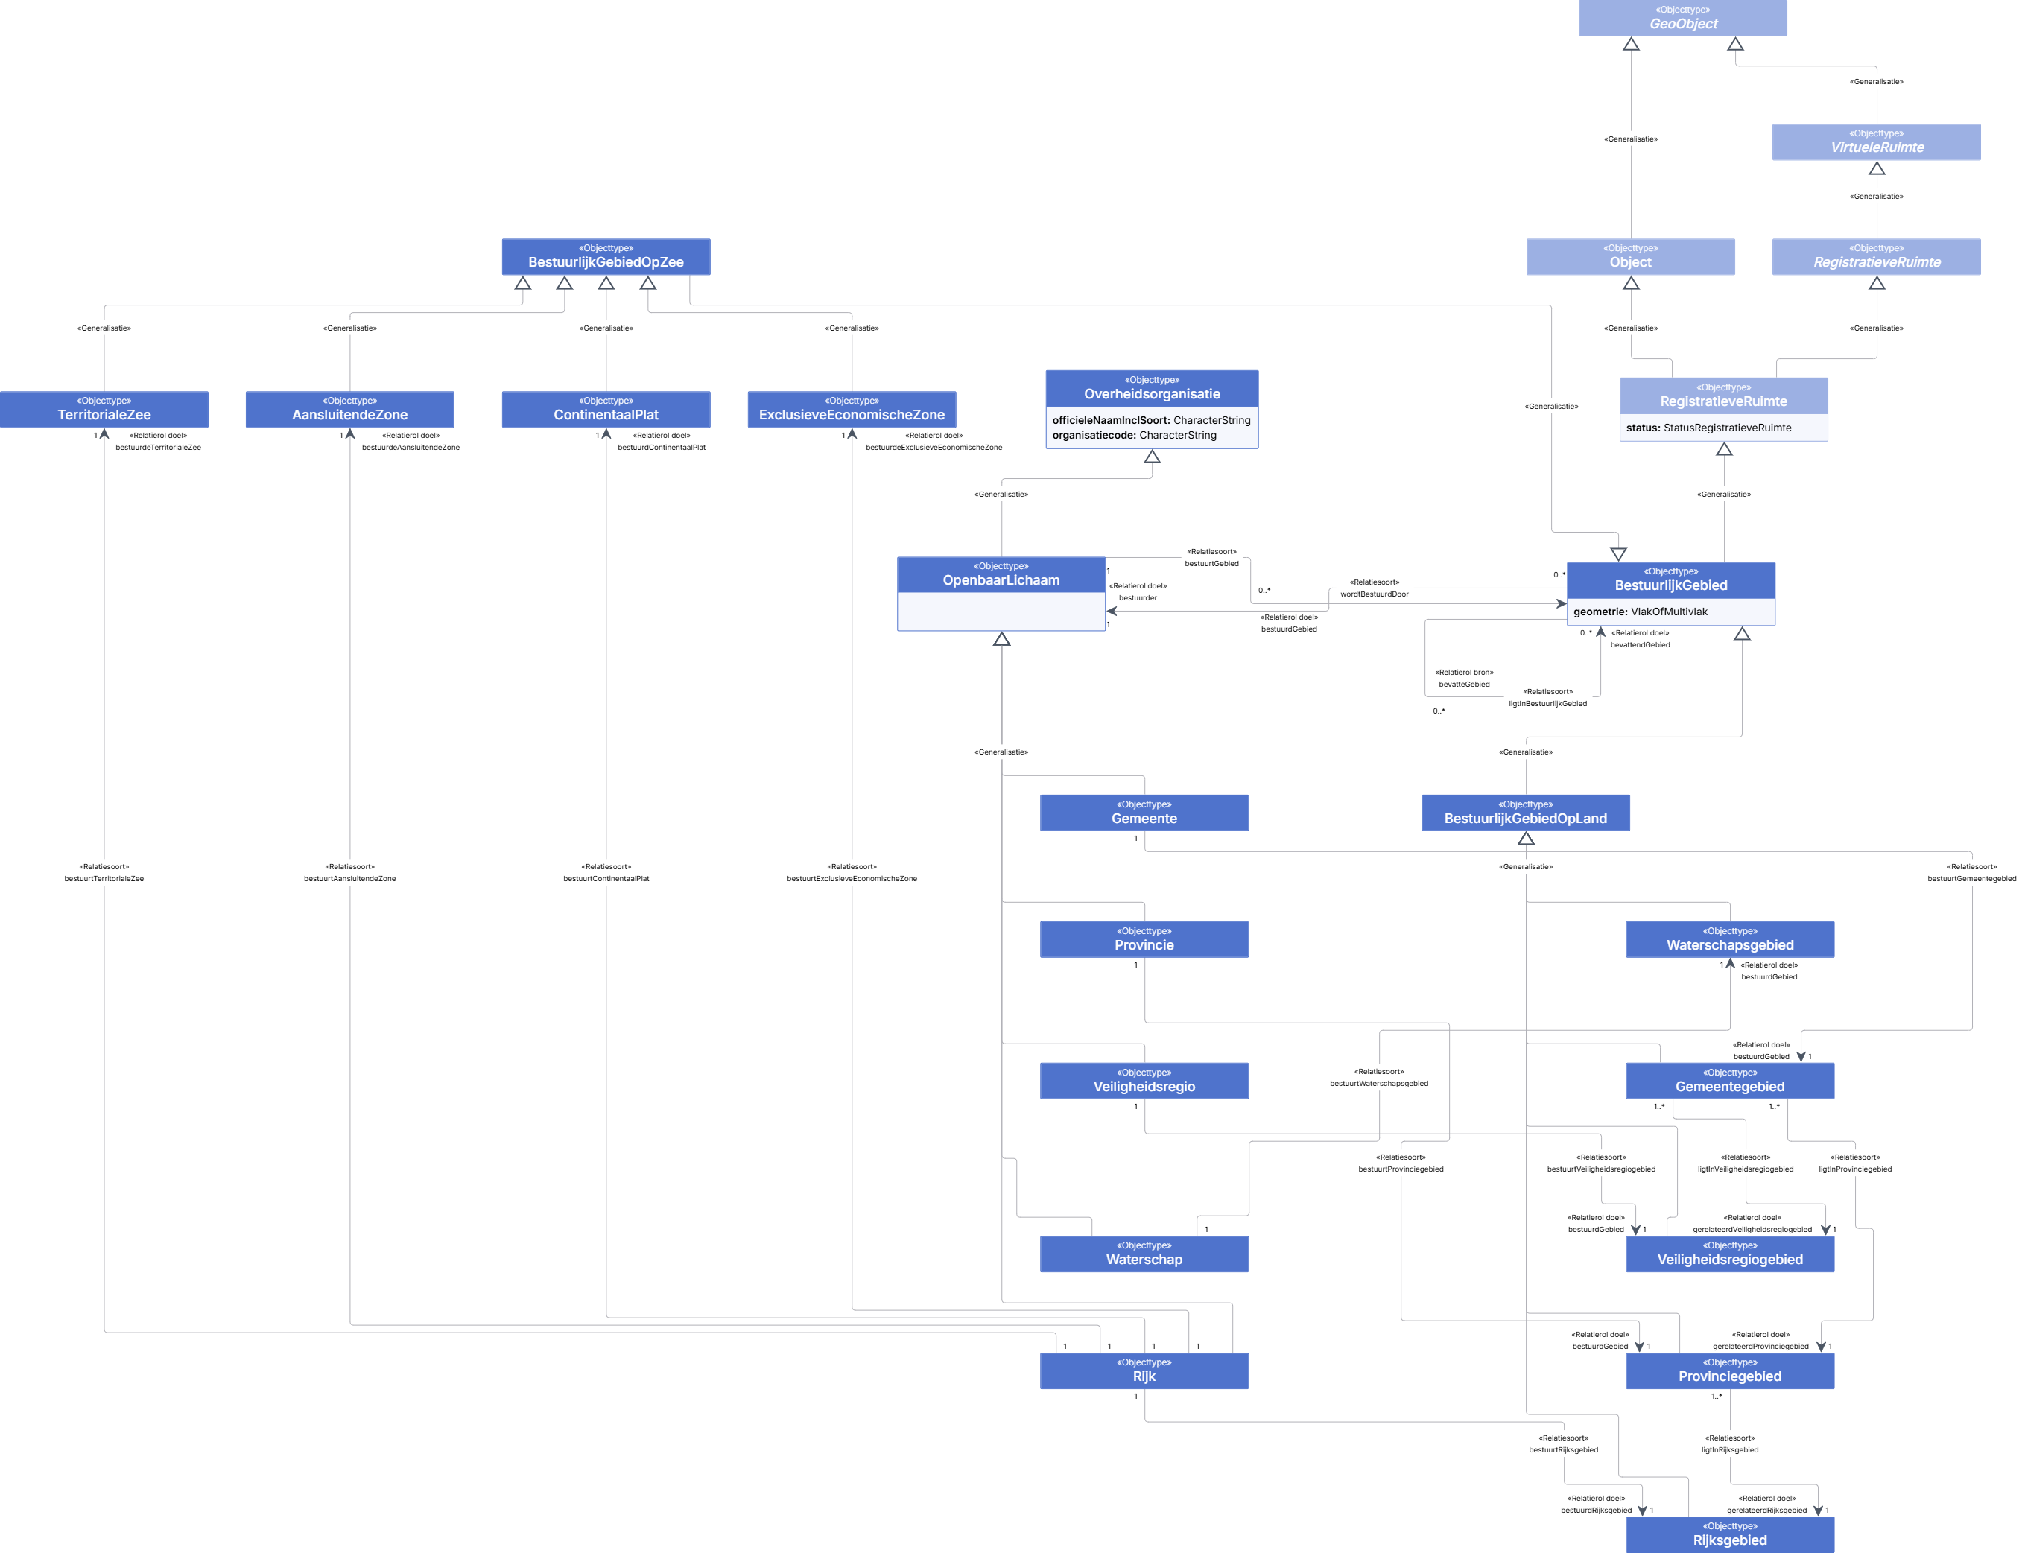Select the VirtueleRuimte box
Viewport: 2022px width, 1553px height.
pos(1876,142)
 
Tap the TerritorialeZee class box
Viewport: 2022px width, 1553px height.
pos(104,409)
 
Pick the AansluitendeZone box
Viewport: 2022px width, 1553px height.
pos(349,409)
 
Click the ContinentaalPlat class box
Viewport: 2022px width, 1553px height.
pos(606,409)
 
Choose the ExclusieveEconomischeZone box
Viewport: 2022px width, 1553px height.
pos(852,409)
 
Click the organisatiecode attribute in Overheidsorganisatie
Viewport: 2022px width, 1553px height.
pos(1135,436)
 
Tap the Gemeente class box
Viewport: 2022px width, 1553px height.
pos(1144,813)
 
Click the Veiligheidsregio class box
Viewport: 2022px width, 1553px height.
pos(1144,1081)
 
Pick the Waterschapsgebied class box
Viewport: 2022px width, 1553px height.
pos(1730,939)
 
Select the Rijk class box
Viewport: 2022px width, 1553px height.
pos(1144,1371)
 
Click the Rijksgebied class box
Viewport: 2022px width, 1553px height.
pos(1730,1534)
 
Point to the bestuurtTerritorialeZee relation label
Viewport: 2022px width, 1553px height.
pos(104,879)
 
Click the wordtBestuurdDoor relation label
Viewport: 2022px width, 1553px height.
pos(1374,594)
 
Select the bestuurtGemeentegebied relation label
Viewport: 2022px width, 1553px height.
pos(1971,879)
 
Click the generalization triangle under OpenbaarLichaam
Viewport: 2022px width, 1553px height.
pos(1001,639)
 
